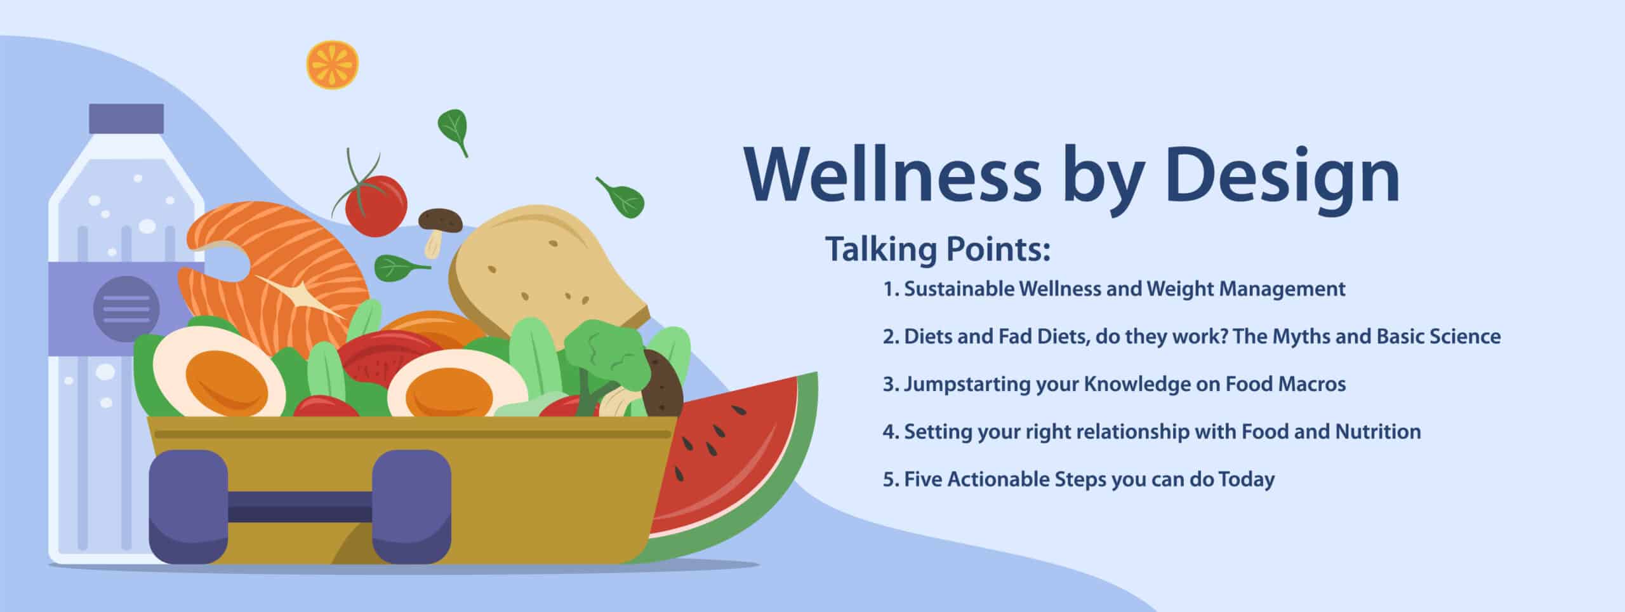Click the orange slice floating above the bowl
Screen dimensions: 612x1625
point(333,65)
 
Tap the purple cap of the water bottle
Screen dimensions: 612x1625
point(126,119)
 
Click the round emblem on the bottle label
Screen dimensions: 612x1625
point(126,309)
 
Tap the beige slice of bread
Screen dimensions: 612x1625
point(540,267)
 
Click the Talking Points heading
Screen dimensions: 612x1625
point(938,249)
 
